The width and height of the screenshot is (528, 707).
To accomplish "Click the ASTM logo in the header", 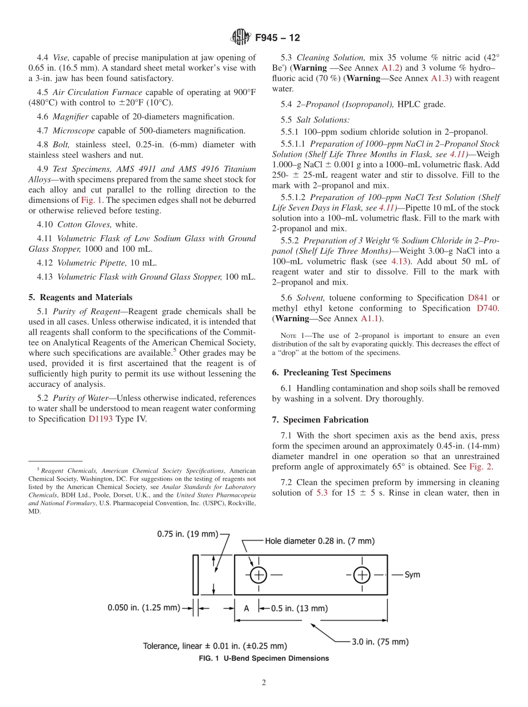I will click(x=241, y=38).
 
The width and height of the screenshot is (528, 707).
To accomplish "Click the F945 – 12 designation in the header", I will click(x=277, y=38).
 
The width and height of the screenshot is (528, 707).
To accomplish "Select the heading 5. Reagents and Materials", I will click(x=81, y=297).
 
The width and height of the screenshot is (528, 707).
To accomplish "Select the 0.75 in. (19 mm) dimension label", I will click(x=187, y=534).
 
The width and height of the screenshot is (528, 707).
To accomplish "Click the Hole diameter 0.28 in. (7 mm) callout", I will click(x=320, y=540).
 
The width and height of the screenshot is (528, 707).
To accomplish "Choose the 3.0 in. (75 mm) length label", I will click(x=380, y=641).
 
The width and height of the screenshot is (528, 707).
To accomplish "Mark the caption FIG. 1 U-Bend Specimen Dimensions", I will click(x=263, y=658).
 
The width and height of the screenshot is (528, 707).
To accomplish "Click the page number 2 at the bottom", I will click(x=264, y=683).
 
